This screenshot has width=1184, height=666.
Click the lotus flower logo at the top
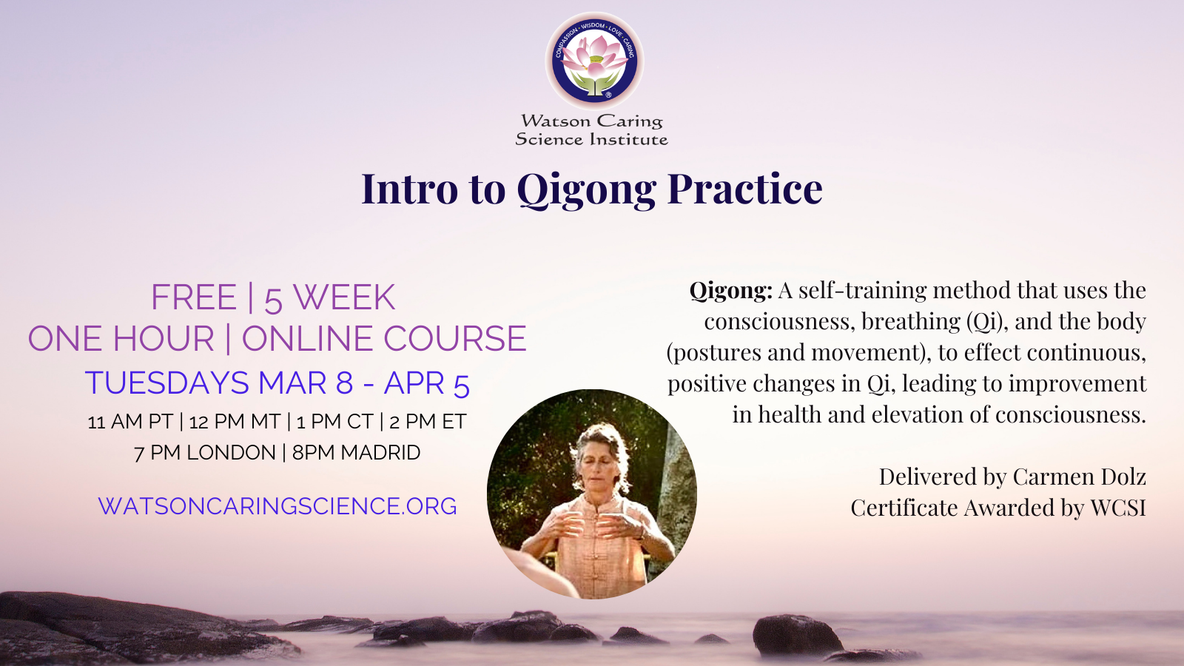tap(595, 61)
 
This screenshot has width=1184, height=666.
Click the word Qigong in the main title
tap(587, 190)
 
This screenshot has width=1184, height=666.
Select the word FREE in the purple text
tap(193, 297)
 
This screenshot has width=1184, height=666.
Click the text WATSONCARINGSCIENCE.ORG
tap(277, 506)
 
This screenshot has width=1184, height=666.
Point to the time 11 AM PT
tap(130, 422)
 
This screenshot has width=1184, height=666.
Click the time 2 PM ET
tap(428, 422)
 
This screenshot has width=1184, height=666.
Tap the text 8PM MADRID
tap(356, 452)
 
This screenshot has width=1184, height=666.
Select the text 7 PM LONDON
tap(204, 452)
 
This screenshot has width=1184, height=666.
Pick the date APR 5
tap(426, 383)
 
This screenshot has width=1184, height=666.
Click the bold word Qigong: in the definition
tap(731, 292)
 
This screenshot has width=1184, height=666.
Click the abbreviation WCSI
tap(1118, 508)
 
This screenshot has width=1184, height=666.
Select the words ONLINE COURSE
tap(384, 338)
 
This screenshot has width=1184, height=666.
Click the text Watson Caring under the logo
tap(591, 121)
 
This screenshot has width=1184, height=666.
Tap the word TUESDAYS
tap(166, 383)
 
